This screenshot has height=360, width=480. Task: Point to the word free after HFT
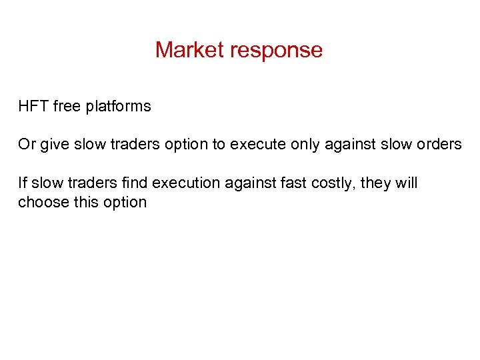click(66, 106)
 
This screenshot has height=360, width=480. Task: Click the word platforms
click(119, 107)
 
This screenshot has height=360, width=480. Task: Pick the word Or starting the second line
click(27, 144)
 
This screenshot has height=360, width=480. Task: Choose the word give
click(53, 145)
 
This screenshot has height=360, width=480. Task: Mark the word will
click(407, 183)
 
